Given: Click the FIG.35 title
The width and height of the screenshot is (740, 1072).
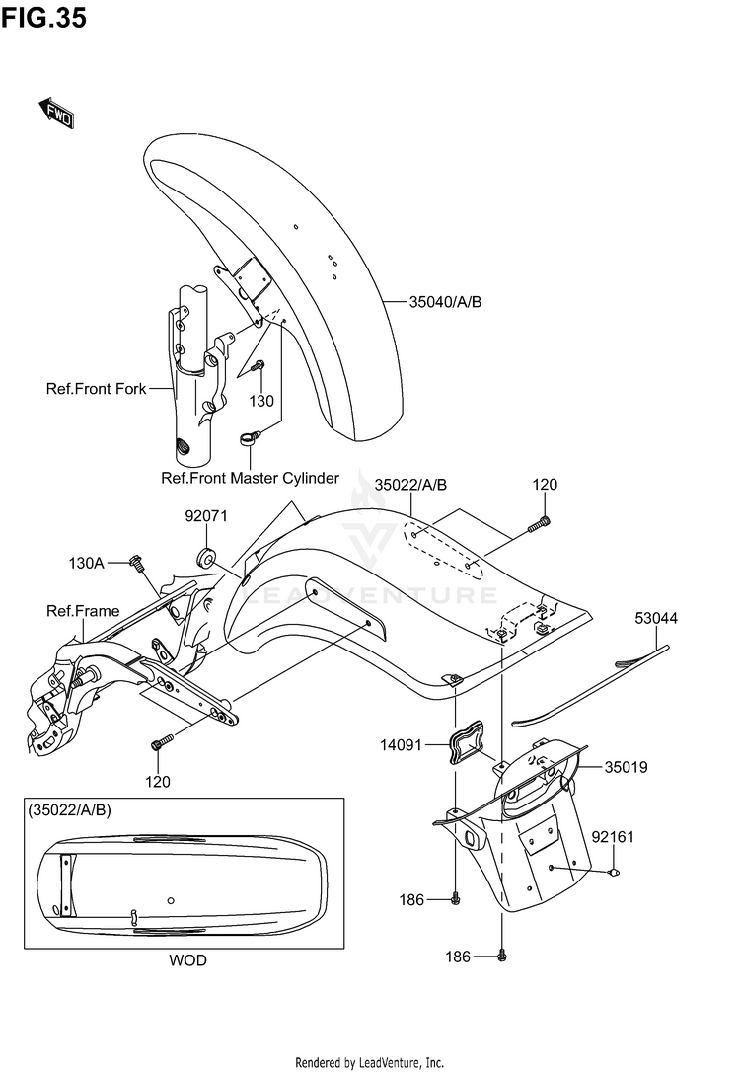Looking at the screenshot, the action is point(43,17).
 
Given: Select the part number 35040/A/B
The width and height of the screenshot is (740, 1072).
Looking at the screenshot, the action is point(445,301).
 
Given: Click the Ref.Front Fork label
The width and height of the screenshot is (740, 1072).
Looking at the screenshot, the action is point(96,388).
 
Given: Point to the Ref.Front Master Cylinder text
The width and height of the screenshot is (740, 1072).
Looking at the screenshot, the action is point(250,478).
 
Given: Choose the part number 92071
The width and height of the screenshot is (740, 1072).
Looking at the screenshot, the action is point(205,516).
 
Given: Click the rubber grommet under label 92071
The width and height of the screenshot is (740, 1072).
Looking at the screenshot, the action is point(206,557).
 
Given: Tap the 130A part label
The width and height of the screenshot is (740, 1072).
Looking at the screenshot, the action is point(86,564).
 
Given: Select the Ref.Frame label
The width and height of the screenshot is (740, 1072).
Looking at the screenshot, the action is point(83,610).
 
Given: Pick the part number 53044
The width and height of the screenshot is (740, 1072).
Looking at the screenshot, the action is point(656,618).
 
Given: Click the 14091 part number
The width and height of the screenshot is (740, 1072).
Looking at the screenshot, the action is point(402,745).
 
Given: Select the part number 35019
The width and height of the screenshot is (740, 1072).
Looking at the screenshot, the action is point(626,767).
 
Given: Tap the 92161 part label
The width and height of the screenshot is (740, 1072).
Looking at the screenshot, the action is point(613,837).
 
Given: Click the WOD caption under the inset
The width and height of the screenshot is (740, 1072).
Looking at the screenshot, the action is point(187,960).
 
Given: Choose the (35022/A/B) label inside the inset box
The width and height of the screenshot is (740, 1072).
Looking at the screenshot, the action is point(69,810).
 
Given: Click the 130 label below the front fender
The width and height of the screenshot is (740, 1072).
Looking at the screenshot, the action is point(261,401).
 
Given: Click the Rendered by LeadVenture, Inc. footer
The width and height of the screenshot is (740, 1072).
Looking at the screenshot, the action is point(370,1062).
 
